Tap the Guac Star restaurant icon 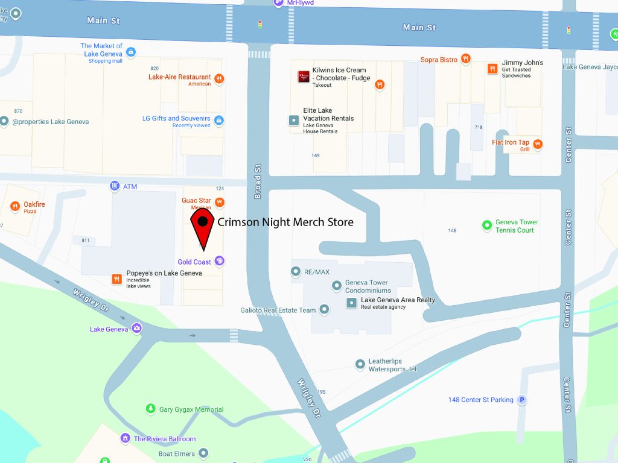pos(220,202)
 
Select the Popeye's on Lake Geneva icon pos(117,279)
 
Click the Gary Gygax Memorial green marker pos(150,409)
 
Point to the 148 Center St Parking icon pos(523,400)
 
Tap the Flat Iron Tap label pos(510,143)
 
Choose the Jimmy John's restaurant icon pos(492,69)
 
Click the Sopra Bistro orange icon pos(465,59)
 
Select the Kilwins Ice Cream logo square pos(304,77)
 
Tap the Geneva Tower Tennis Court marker pos(487,225)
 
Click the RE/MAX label pos(316,272)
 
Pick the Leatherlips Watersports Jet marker pos(360,364)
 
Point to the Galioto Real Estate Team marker pos(324,310)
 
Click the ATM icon pos(115,186)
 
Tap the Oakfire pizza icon pos(15,207)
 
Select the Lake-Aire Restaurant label pos(179,77)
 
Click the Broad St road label pos(258,182)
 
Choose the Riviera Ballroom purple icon pos(125,438)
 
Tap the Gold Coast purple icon pos(220,262)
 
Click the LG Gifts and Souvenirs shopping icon pos(218,121)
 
